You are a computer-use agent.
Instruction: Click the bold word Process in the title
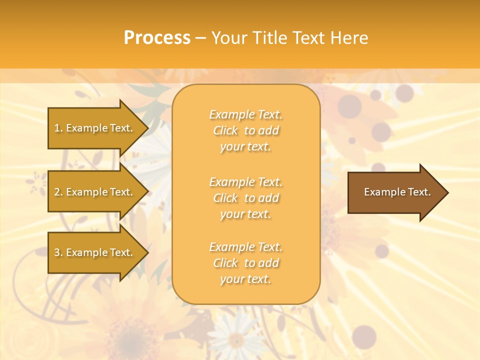coord(157,38)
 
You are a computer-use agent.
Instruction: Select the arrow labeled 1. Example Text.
coord(95,128)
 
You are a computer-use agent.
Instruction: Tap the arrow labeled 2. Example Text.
coord(95,192)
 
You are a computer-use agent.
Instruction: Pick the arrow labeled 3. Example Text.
coord(95,252)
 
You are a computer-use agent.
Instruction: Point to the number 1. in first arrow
coord(58,128)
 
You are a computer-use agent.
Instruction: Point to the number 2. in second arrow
coord(58,192)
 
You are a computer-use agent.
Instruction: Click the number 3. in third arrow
coord(58,252)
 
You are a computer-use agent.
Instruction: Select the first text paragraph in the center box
coord(245,130)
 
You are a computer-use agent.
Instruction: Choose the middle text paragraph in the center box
coord(245,198)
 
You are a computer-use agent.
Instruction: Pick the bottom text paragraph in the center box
coord(245,263)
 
